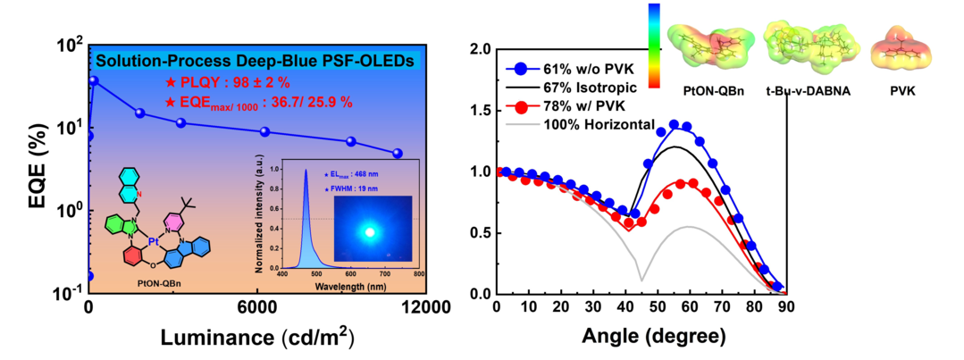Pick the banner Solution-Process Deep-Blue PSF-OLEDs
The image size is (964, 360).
click(255, 62)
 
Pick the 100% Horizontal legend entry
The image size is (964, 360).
click(599, 124)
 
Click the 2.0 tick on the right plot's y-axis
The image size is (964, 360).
click(479, 49)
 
